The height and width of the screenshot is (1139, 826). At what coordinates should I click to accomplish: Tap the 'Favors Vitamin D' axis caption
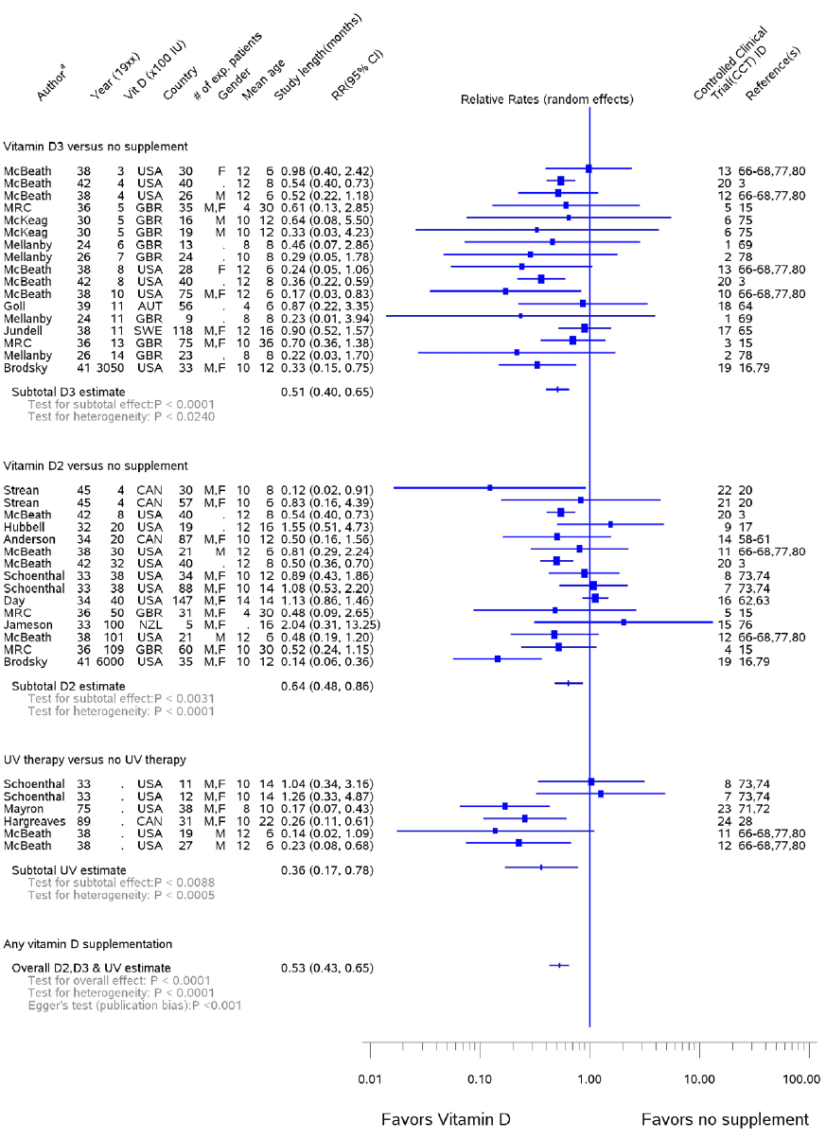click(446, 1119)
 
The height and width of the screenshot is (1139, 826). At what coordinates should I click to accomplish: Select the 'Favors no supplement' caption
click(725, 1119)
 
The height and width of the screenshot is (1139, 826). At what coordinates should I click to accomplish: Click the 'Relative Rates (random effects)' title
click(547, 99)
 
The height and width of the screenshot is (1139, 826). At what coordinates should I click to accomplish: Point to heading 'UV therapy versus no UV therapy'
click(94, 760)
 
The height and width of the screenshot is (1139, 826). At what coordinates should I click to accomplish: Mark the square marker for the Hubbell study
click(610, 523)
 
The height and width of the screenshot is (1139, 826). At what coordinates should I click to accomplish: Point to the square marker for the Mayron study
click(505, 806)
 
